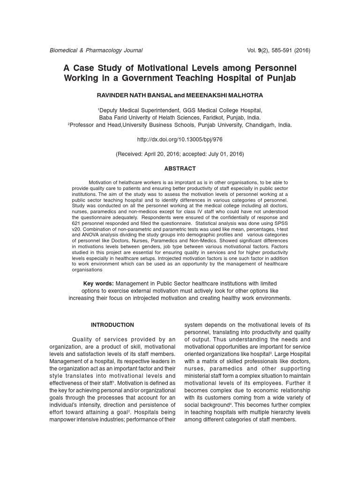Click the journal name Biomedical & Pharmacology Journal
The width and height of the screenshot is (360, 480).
click(96, 50)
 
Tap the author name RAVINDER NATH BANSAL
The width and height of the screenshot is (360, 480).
click(135, 95)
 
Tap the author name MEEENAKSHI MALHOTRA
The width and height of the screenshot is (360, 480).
click(224, 95)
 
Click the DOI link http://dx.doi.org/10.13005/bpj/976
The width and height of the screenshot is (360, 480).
click(180, 140)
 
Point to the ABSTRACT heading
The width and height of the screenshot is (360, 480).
click(180, 168)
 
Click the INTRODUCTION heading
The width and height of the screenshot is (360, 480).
click(112, 325)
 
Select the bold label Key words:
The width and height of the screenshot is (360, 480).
click(98, 284)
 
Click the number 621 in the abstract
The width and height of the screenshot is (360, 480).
click(76, 224)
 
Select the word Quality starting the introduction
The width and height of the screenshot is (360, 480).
click(83, 339)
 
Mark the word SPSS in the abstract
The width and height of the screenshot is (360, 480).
click(282, 224)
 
